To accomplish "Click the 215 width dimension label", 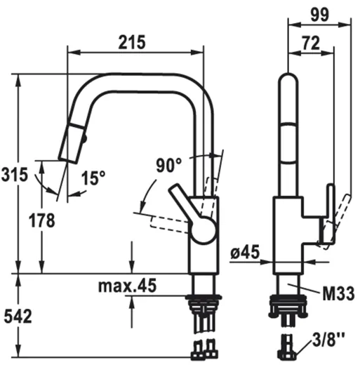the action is (132, 42).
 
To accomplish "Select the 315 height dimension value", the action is (15, 175).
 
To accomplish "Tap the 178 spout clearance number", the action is (42, 220).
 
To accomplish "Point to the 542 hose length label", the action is (18, 316).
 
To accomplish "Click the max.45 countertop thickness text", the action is (127, 286).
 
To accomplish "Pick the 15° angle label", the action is (93, 178).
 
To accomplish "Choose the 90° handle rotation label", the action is (168, 165).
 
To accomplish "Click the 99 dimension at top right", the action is (319, 15).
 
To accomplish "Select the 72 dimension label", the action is (311, 43).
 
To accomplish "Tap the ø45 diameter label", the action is (245, 252).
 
